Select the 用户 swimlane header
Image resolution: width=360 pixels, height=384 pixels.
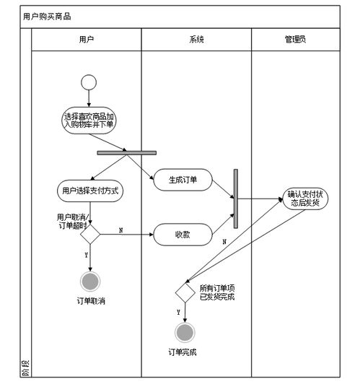click(86, 40)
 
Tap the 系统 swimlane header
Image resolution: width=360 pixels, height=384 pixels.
click(196, 40)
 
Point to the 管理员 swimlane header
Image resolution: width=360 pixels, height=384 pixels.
click(294, 40)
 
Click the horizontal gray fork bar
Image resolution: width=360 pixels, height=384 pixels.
click(126, 152)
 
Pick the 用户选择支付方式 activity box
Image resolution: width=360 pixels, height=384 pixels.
click(88, 191)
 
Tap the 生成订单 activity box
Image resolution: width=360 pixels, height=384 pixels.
click(183, 180)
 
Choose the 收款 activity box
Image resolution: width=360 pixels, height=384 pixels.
click(183, 234)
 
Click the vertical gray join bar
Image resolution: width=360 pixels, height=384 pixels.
click(236, 198)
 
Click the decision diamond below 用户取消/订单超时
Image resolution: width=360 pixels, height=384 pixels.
click(89, 234)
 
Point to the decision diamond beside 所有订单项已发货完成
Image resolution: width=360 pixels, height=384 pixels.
click(185, 292)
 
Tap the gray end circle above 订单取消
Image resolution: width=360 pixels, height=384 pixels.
click(89, 281)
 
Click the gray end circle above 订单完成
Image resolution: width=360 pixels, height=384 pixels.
click(185, 332)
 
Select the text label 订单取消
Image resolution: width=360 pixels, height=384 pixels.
click(91, 300)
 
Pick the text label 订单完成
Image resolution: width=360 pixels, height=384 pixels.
click(183, 352)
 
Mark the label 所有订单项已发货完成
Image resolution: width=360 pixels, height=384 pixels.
click(217, 292)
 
